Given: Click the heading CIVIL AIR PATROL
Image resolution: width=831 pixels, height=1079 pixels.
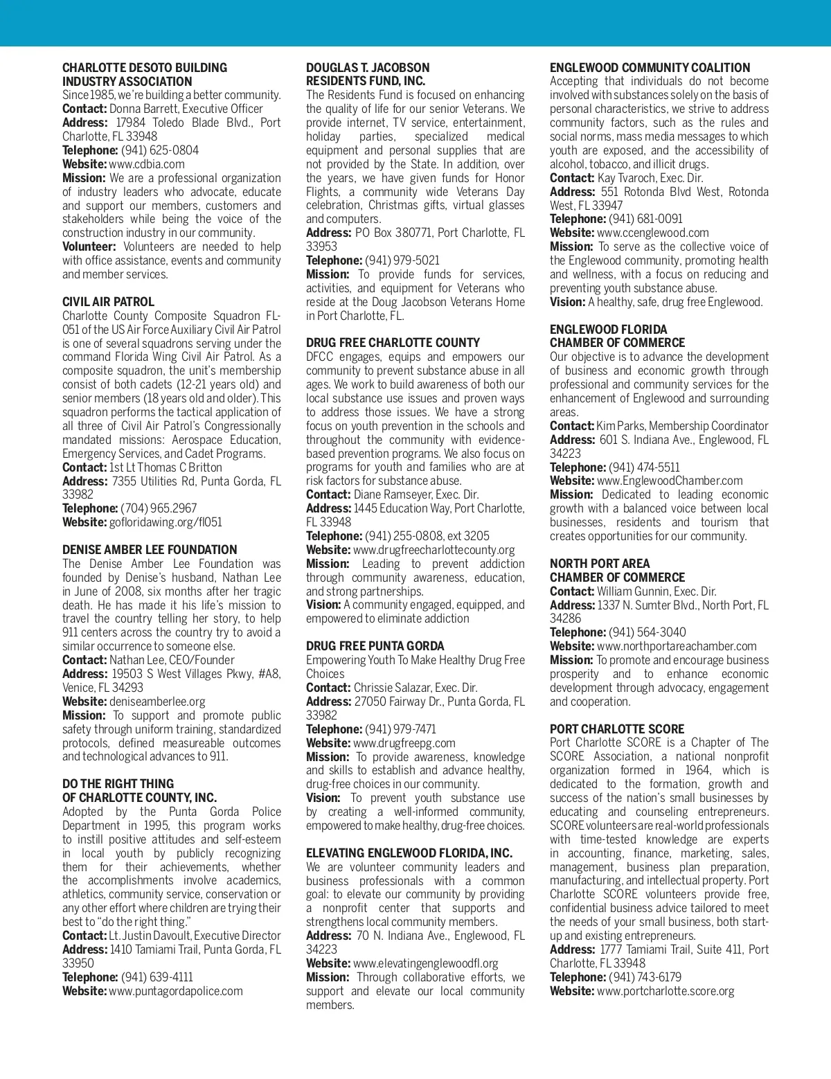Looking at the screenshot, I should (x=108, y=302).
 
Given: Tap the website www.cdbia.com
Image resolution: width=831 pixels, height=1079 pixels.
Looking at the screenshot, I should (x=147, y=164).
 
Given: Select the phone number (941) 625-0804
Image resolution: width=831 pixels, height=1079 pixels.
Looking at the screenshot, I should (x=160, y=150).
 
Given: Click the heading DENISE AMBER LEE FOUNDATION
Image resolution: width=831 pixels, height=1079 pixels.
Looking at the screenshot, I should (x=150, y=550).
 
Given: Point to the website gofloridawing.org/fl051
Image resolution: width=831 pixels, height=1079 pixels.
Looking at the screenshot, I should (x=166, y=522).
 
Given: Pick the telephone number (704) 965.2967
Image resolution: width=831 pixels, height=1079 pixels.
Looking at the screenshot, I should (x=159, y=508).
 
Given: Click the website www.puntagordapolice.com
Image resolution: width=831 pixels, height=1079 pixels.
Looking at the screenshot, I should (x=176, y=991).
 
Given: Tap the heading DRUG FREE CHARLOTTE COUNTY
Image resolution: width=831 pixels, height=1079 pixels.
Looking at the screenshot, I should (x=393, y=343).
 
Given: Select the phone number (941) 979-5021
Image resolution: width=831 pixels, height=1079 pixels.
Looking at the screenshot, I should (x=402, y=260).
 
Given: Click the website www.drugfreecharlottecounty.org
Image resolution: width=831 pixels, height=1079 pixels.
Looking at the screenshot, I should (x=434, y=550).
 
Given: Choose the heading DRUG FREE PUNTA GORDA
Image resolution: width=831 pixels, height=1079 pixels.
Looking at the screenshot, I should (x=375, y=646).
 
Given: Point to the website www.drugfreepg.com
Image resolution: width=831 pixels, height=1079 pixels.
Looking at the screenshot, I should (x=404, y=743).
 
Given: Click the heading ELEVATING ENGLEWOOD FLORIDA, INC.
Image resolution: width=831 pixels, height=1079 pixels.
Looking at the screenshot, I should (x=409, y=853).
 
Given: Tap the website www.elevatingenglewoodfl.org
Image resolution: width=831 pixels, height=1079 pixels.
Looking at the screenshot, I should (x=426, y=963).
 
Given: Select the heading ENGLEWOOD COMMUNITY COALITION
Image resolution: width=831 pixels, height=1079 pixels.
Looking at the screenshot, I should (x=650, y=68).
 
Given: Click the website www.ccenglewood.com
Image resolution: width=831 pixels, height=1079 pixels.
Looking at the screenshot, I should (x=653, y=233).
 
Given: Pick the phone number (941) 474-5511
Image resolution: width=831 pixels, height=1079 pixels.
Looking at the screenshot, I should (x=644, y=467).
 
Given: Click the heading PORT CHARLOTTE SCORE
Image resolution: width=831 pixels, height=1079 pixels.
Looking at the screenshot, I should (x=617, y=729).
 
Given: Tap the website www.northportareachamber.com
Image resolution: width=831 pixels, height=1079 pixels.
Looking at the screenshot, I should (x=677, y=646).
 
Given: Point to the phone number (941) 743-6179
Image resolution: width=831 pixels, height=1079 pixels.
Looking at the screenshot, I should (x=645, y=977).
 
